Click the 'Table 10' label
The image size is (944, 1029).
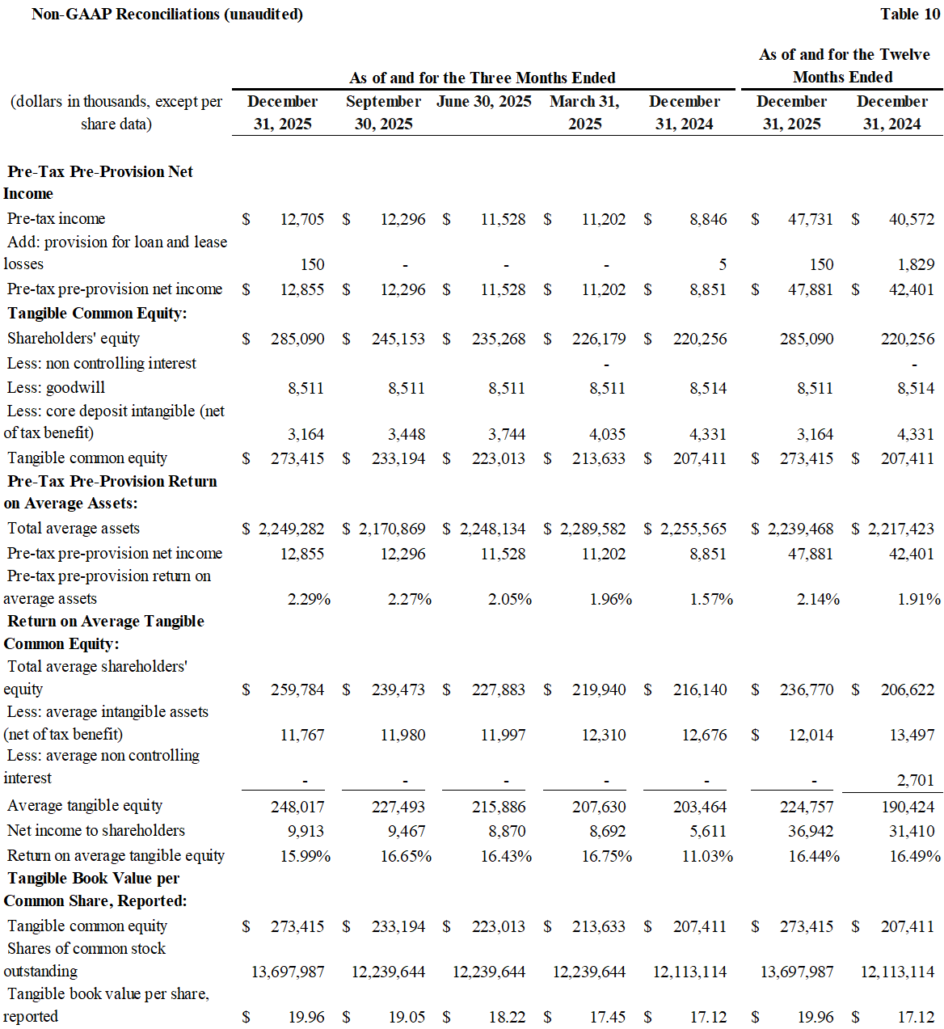tap(910, 14)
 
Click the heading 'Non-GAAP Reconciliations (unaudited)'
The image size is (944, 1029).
tap(167, 14)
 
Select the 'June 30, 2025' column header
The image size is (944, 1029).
tap(483, 101)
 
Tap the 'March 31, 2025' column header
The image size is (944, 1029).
tap(584, 112)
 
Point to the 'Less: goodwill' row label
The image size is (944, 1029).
tap(56, 387)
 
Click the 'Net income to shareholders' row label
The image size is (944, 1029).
tap(95, 830)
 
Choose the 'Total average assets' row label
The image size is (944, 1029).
tap(74, 528)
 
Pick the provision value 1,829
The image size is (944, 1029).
tap(916, 264)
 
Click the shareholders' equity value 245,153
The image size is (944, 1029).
tap(398, 339)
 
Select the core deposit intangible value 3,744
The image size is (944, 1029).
tap(507, 434)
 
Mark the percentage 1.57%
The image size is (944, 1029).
tap(711, 599)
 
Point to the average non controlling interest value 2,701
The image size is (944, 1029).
tap(916, 780)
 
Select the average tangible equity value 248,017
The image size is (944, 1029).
tap(297, 807)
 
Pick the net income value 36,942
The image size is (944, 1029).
tap(811, 831)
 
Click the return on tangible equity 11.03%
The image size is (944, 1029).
tap(707, 856)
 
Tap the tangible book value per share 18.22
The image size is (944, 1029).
tap(507, 1017)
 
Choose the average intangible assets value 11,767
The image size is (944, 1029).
tap(302, 735)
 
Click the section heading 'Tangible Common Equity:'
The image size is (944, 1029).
tap(97, 313)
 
